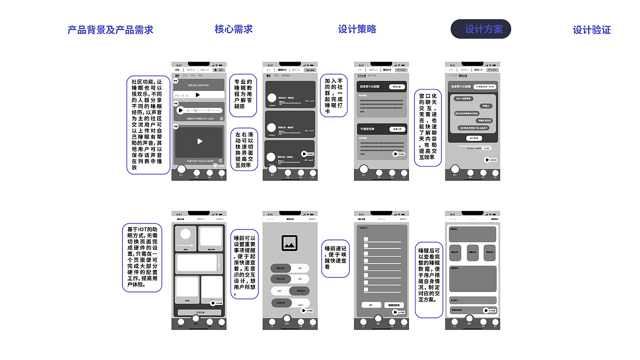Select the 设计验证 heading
pyautogui.click(x=591, y=30)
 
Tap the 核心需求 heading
pyautogui.click(x=233, y=29)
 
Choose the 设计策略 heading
pyautogui.click(x=357, y=29)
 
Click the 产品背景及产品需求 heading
pyautogui.click(x=110, y=30)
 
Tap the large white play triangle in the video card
pyautogui.click(x=199, y=141)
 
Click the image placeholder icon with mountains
pyautogui.click(x=289, y=243)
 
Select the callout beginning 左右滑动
pyautogui.click(x=243, y=148)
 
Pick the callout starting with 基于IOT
pyautogui.click(x=142, y=257)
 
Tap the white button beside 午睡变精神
pyautogui.click(x=396, y=129)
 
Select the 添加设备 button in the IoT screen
pyautogui.click(x=198, y=312)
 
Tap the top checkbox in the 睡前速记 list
pyautogui.click(x=366, y=239)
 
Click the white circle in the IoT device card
pyautogui.click(x=185, y=234)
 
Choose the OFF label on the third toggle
pyautogui.click(x=280, y=290)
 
